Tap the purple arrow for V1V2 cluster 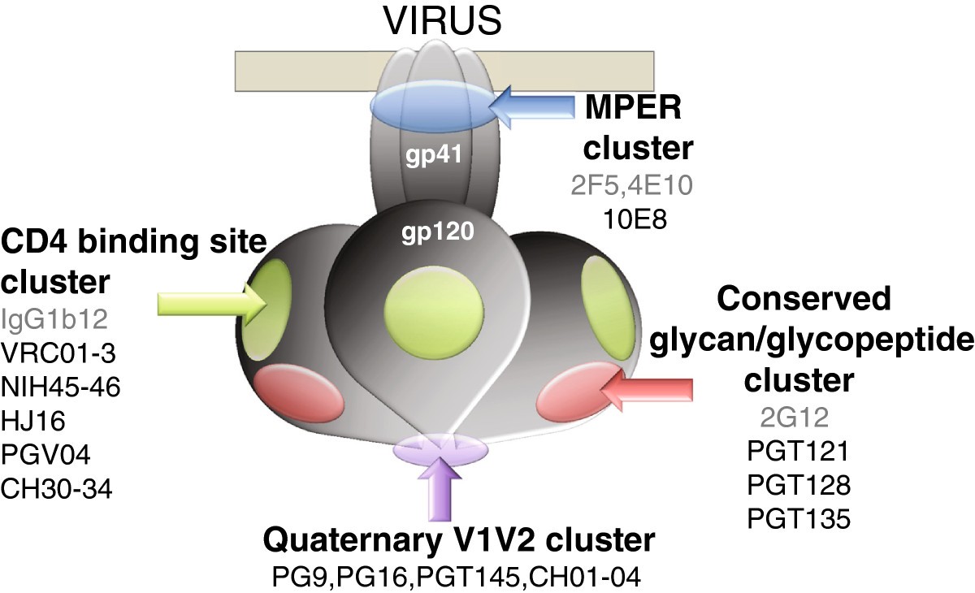pyautogui.click(x=439, y=491)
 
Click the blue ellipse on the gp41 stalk pyautogui.click(x=433, y=108)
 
